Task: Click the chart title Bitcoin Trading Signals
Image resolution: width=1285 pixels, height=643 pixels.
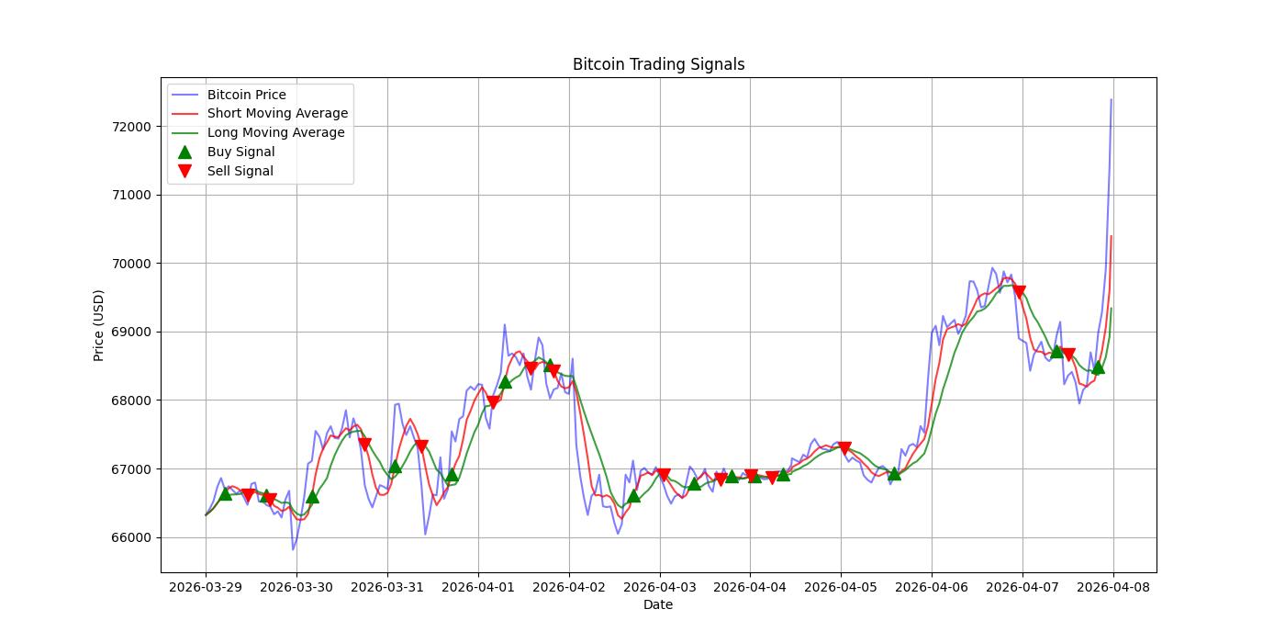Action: coord(658,64)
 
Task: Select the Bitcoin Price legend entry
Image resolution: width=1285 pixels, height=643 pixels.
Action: coord(246,95)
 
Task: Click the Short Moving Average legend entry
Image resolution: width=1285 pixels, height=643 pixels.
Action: coord(277,114)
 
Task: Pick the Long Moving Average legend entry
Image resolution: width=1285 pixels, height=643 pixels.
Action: coord(275,132)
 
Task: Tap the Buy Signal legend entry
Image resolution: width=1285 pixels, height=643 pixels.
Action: coord(240,152)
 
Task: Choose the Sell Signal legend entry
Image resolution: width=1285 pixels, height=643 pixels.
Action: coord(240,171)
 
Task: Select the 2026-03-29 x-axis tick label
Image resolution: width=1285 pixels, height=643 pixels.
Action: coord(206,586)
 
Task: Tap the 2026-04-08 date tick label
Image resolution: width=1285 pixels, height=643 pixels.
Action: coord(1113,586)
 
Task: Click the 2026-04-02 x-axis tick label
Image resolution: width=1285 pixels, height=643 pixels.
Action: coord(569,586)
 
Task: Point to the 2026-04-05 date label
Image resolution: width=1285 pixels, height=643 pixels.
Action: coord(841,586)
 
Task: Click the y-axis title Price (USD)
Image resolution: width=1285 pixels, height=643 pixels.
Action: coord(98,325)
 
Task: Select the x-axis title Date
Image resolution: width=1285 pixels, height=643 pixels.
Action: coord(658,604)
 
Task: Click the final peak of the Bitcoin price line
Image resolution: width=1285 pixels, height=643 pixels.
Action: coord(1111,99)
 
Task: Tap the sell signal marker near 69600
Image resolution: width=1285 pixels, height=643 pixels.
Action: coord(1019,292)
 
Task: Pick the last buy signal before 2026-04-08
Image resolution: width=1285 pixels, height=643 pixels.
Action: coord(1098,367)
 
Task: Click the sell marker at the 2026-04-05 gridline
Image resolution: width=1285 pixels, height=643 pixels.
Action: coord(844,448)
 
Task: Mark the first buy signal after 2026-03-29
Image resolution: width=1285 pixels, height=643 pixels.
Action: coord(226,493)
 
